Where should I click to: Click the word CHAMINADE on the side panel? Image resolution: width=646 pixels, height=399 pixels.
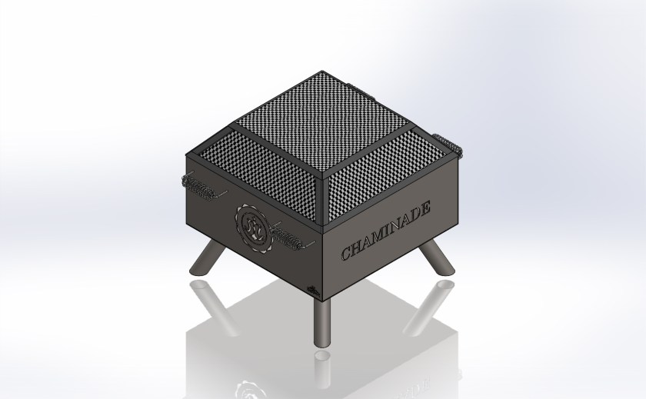tap(386, 231)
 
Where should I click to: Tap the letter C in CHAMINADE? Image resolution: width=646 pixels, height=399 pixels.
tap(346, 252)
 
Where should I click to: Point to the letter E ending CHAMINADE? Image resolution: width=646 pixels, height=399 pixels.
tap(425, 207)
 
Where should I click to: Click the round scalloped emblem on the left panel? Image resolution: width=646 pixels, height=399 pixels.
tap(253, 228)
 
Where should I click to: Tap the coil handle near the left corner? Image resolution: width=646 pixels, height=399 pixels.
tap(200, 186)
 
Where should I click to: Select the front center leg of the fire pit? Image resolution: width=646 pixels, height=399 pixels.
tap(322, 322)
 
